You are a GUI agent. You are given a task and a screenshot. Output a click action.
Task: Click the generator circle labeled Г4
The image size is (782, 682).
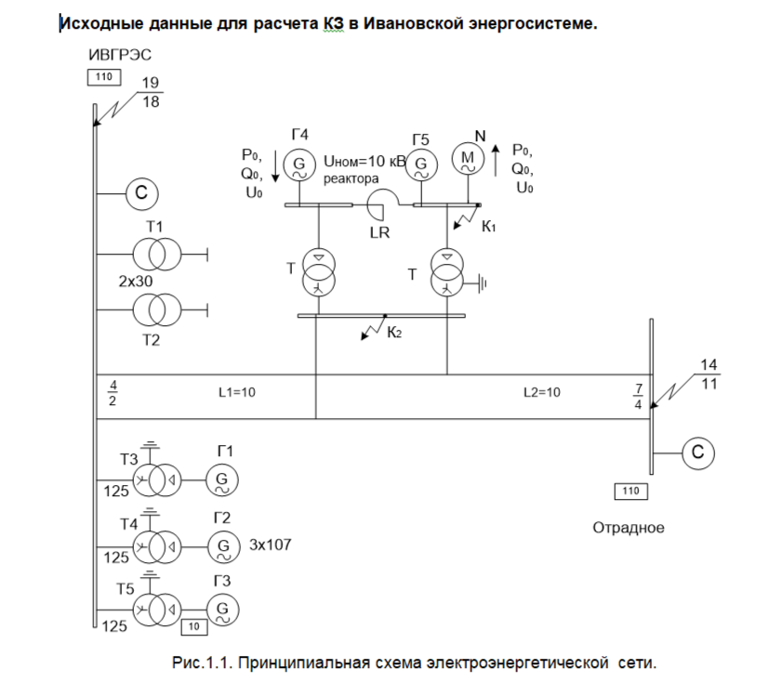coord(300,164)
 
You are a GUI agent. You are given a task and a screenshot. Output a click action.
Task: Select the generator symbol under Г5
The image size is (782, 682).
coord(420,165)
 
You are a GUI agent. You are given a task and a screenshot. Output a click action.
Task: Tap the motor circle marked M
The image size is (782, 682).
coord(468,161)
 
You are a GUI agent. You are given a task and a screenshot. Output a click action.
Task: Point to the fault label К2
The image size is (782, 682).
coord(395,333)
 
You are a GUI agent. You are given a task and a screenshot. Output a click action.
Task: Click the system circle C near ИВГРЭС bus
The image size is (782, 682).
coord(141,193)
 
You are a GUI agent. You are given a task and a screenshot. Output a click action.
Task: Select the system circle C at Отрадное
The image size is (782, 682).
coord(699,452)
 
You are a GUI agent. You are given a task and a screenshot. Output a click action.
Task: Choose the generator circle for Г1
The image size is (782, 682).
coord(222,479)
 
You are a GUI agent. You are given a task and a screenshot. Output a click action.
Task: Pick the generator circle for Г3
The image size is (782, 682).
coord(222,610)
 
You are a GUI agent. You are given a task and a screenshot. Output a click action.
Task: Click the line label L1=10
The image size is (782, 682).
coord(236,392)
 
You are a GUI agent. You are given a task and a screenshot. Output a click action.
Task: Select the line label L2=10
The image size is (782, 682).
coord(542,392)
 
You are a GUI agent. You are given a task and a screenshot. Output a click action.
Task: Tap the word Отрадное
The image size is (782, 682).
coord(629,528)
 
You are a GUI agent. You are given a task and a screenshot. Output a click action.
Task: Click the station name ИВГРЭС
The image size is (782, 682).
coord(120,55)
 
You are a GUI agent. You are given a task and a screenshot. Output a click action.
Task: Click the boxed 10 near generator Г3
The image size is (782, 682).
coord(193,627)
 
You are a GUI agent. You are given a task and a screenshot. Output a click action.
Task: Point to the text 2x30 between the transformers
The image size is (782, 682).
coord(135,281)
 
